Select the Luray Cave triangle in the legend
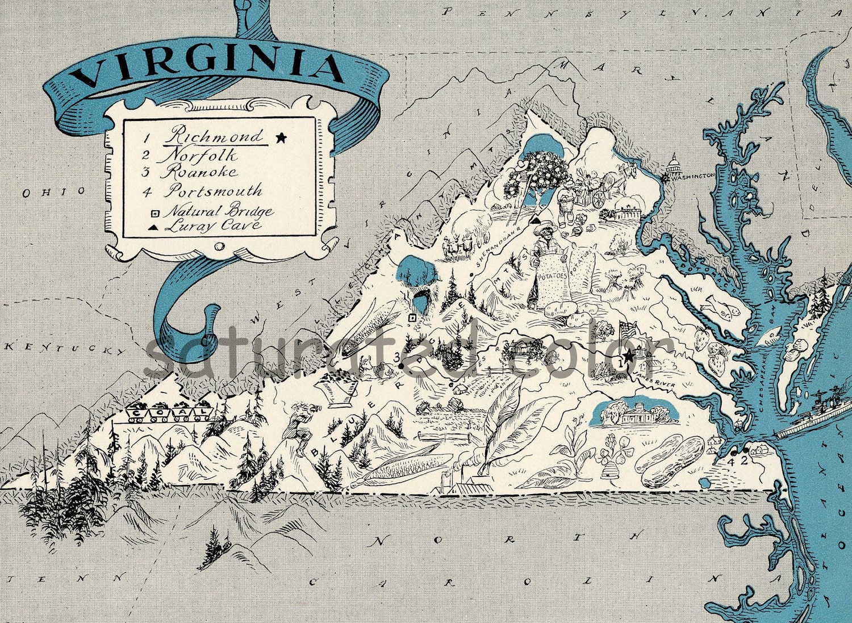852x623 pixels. click(153, 227)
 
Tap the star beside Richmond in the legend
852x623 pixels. click(280, 137)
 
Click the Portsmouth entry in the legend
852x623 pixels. click(214, 190)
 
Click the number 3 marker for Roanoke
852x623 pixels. click(397, 357)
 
